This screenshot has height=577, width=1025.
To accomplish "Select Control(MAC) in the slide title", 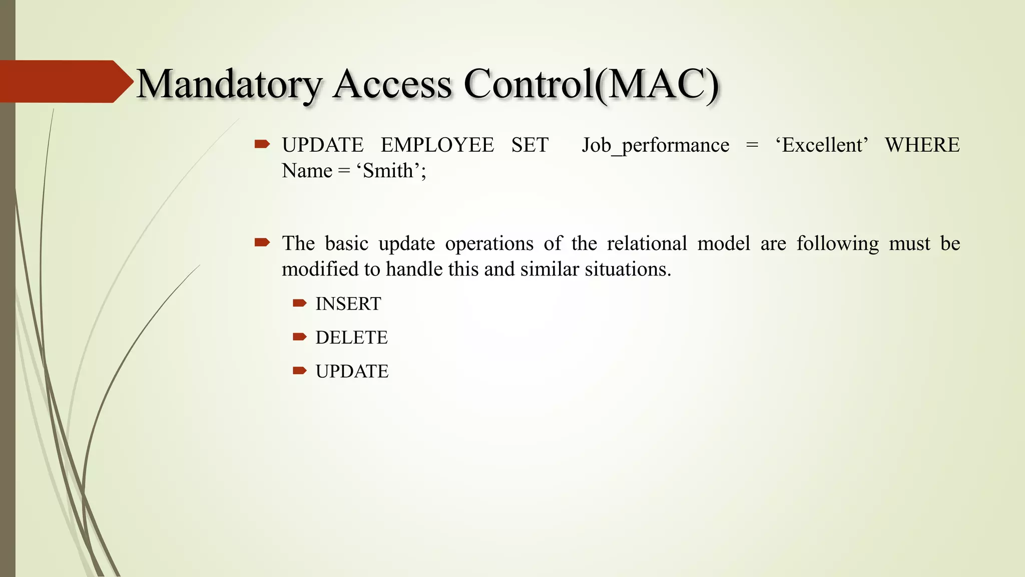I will click(x=591, y=84).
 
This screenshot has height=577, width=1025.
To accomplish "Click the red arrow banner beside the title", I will click(x=65, y=82).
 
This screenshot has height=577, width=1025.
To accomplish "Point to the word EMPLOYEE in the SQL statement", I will click(x=437, y=145).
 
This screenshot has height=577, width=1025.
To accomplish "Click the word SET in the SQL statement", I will click(x=530, y=145).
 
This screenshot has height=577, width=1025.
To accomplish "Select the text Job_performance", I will click(x=655, y=145).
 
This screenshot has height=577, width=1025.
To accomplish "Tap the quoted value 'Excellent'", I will click(x=821, y=145).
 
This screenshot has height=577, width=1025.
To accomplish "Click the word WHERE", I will click(x=922, y=145).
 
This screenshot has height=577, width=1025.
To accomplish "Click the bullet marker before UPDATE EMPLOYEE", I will click(x=262, y=145).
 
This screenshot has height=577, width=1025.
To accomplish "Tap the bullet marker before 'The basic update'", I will click(x=262, y=243).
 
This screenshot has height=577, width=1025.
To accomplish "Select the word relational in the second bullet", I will click(x=647, y=243).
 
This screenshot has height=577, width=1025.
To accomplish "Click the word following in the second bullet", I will click(x=837, y=243).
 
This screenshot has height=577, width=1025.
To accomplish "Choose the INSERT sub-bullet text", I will click(x=348, y=304).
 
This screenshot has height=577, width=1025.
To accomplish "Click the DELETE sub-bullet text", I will click(x=351, y=338).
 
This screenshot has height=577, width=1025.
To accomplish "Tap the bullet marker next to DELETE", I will click(x=299, y=337).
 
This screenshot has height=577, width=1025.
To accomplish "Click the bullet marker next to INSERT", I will click(x=299, y=303).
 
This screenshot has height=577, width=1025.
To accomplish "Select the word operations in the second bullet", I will click(x=489, y=243).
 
